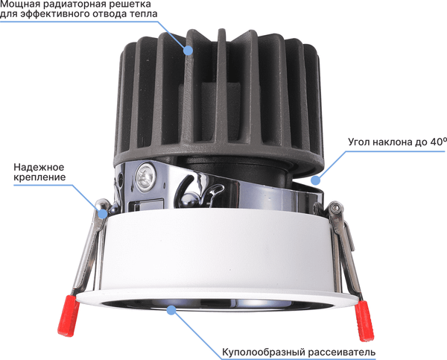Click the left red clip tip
click(69, 315)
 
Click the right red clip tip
click(364, 320)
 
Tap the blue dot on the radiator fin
click(188, 51)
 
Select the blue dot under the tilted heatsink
click(315, 180)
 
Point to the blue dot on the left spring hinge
click(103, 213)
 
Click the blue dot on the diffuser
click(171, 310)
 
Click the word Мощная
click(19, 4)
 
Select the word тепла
click(143, 14)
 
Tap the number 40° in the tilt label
click(439, 142)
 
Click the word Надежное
click(39, 167)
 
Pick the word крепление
click(39, 177)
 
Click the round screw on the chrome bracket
click(146, 177)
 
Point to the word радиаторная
click(74, 4)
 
